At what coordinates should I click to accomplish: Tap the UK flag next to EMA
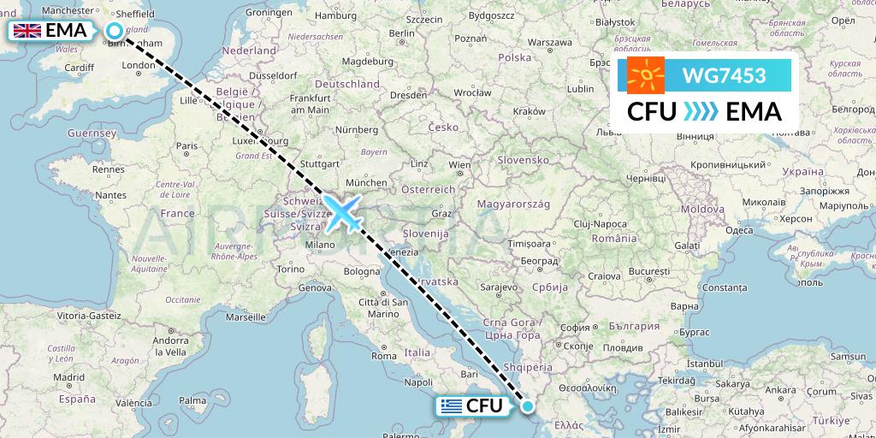coord(27,31)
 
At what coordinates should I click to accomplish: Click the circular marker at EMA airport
coord(114,31)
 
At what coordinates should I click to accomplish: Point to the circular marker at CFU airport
coord(528,407)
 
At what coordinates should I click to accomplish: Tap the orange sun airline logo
coord(646,75)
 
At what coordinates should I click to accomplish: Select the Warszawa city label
coord(549,42)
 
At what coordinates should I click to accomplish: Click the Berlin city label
coord(401,33)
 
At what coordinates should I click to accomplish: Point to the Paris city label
coord(187,146)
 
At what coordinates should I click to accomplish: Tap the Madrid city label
coord(68,376)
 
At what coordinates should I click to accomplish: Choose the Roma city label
coord(384,355)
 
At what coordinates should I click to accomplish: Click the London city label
coord(138,65)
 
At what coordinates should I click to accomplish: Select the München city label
coord(367,182)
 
